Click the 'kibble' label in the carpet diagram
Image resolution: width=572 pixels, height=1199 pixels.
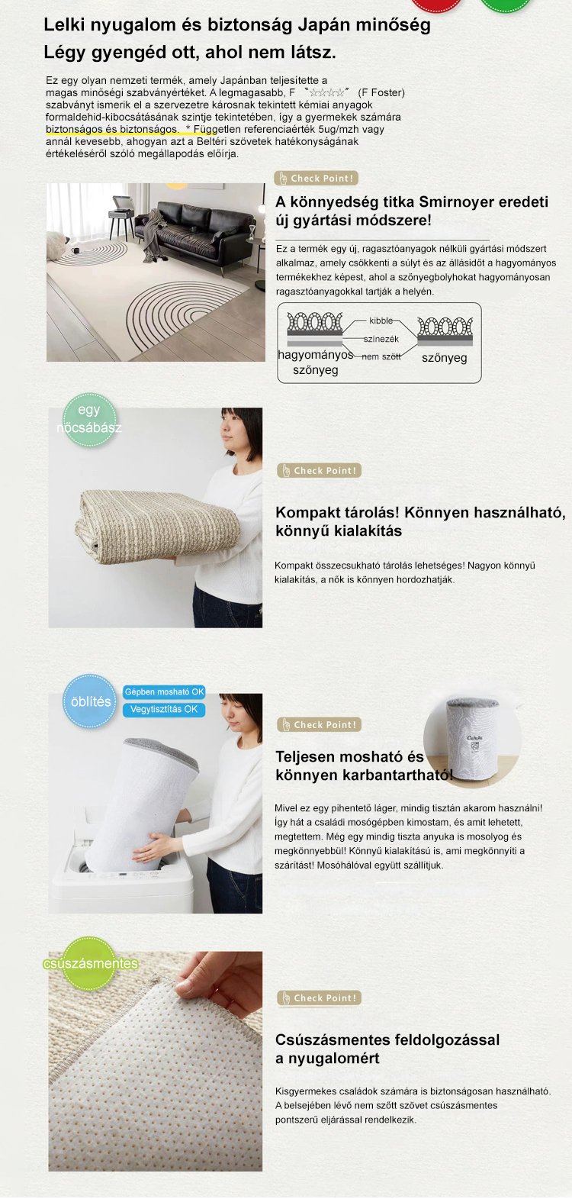pyautogui.click(x=381, y=321)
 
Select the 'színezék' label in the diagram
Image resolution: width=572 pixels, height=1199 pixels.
pyautogui.click(x=381, y=339)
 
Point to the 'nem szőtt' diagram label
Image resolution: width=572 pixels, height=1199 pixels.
pyautogui.click(x=381, y=356)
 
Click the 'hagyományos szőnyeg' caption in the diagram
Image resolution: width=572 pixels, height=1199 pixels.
pyautogui.click(x=316, y=363)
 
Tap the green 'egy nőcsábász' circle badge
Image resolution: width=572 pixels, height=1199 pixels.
pyautogui.click(x=89, y=419)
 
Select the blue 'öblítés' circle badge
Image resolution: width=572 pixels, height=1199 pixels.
pyautogui.click(x=90, y=701)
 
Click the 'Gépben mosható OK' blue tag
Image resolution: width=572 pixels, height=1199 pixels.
pyautogui.click(x=164, y=692)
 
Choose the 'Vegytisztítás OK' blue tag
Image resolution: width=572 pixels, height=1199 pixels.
pyautogui.click(x=164, y=710)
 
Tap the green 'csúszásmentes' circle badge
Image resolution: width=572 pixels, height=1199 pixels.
pyautogui.click(x=90, y=963)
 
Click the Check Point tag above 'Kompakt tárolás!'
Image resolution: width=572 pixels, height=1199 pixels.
pyautogui.click(x=319, y=470)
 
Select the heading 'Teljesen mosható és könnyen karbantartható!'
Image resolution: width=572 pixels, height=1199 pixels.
pyautogui.click(x=365, y=766)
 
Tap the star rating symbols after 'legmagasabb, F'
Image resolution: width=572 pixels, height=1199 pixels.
pyautogui.click(x=326, y=92)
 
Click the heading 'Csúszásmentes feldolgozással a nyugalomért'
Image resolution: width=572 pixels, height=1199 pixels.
pyautogui.click(x=387, y=1049)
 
